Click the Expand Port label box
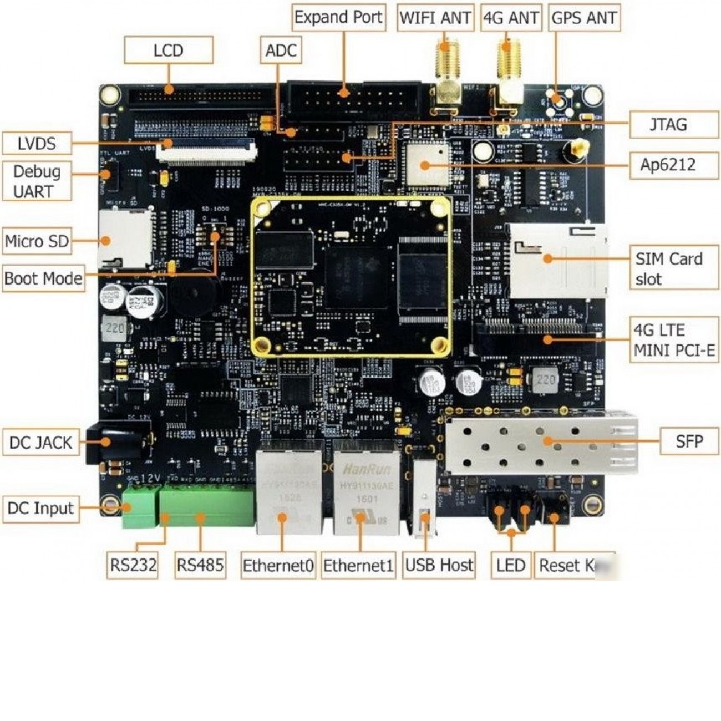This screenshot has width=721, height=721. click(x=338, y=17)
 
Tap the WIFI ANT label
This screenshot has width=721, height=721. click(x=435, y=18)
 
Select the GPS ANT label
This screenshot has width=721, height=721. click(x=583, y=18)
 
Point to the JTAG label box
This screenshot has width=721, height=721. click(x=668, y=125)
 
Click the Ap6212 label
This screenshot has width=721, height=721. click(x=668, y=165)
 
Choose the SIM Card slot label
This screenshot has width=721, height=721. click(x=668, y=268)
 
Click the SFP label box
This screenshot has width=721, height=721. click(x=689, y=441)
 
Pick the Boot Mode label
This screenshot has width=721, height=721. click(x=43, y=278)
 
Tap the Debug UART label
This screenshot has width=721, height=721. click(x=37, y=181)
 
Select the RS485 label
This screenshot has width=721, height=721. click(x=200, y=565)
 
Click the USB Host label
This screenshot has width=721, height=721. click(x=439, y=565)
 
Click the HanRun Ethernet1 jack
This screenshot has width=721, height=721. click(x=366, y=488)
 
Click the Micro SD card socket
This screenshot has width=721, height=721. click(x=125, y=238)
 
